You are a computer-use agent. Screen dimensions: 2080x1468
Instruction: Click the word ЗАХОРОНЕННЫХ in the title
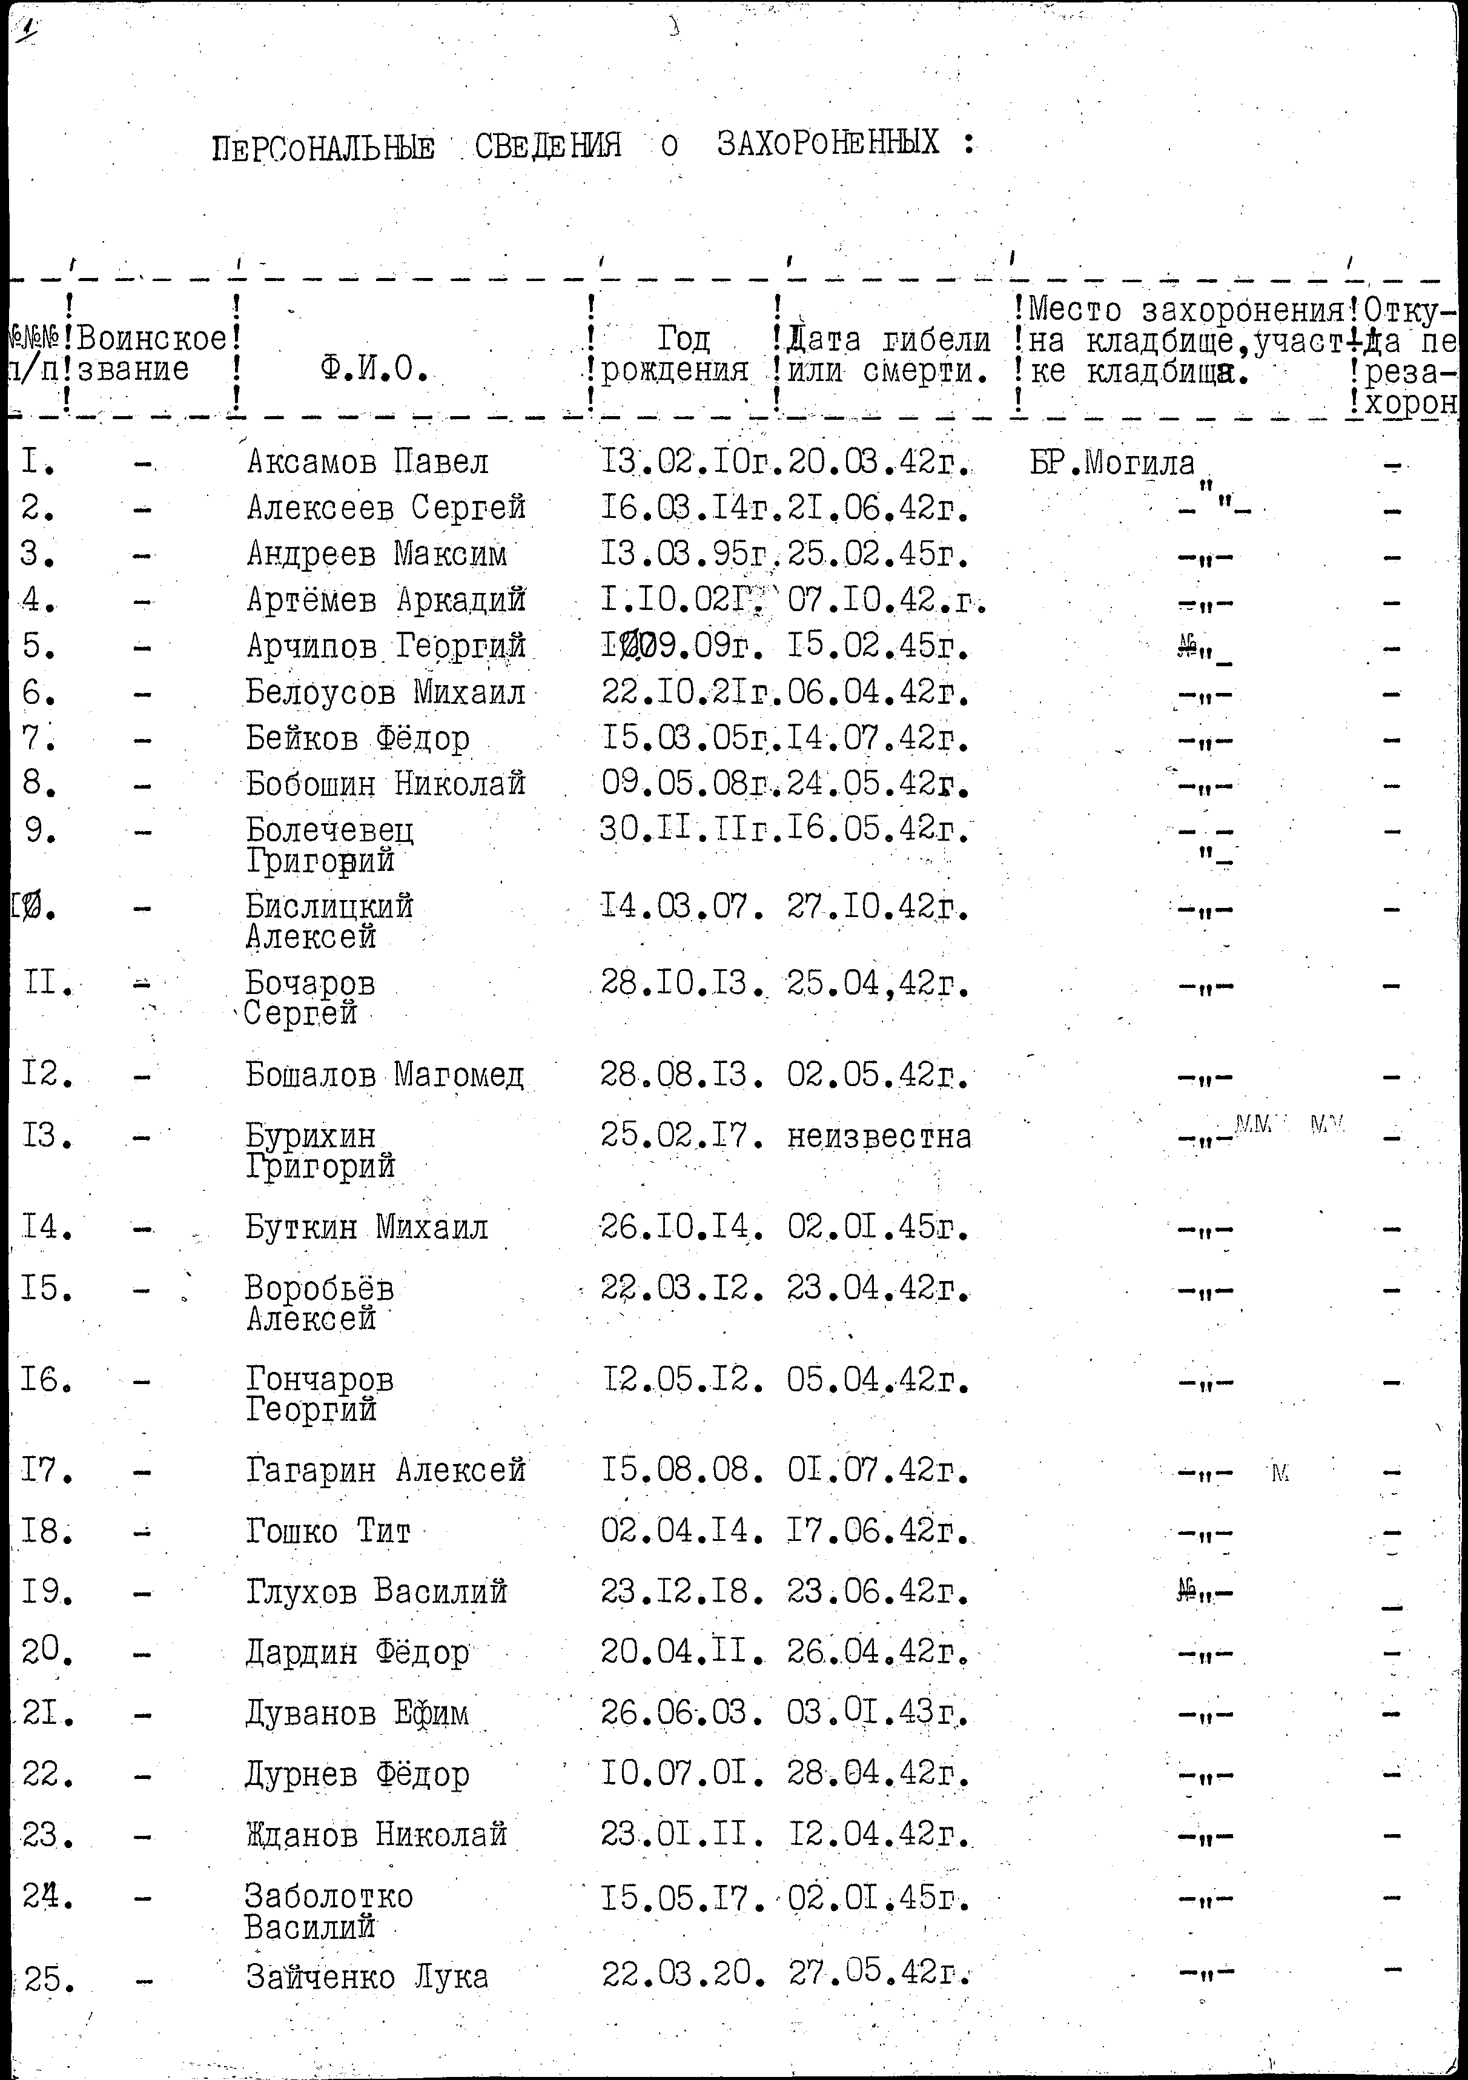828,143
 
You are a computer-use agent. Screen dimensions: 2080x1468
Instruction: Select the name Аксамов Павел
368,463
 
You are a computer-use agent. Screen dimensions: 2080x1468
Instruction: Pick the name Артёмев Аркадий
386,600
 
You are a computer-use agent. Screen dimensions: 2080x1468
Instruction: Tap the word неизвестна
879,1136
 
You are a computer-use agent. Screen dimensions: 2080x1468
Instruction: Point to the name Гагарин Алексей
386,1469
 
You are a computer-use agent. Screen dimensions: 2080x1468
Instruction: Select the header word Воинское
152,340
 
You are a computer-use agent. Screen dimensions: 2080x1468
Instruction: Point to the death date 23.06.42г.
878,1592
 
